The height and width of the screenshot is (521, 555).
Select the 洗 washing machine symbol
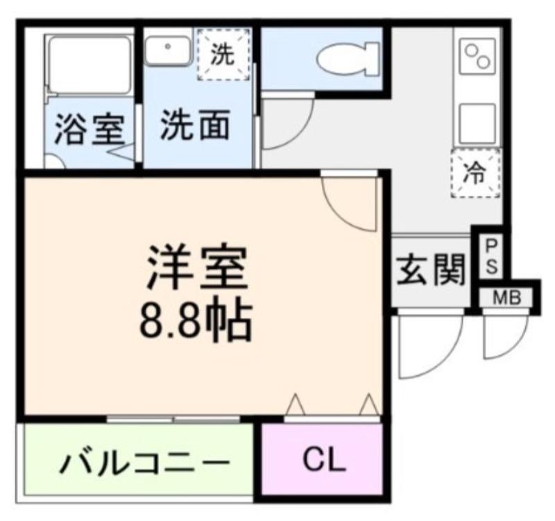[x=223, y=54]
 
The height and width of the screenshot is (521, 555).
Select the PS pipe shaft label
[x=490, y=256]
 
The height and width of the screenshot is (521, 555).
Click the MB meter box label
[x=508, y=299]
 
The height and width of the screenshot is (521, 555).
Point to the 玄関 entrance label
[x=429, y=270]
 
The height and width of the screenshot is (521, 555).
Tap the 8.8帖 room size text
[x=195, y=318]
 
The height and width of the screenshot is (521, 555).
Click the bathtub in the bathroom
[x=89, y=65]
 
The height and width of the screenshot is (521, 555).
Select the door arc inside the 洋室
[x=351, y=201]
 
